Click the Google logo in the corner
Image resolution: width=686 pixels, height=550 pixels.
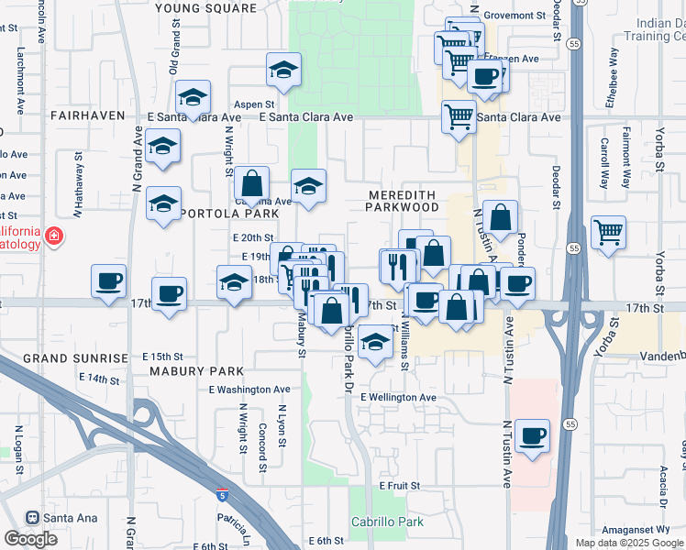coord(30,539)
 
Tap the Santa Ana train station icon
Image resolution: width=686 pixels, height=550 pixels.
coord(33,518)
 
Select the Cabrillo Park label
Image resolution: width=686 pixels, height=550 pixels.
coord(387,522)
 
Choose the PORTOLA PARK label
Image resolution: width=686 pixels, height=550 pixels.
coord(230,214)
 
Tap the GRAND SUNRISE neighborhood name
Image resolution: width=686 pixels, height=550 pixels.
coord(75,357)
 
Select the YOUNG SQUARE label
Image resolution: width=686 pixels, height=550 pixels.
coord(206,8)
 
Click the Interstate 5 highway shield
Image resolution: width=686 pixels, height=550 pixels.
coord(223,496)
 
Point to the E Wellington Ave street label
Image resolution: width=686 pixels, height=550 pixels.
coord(398,397)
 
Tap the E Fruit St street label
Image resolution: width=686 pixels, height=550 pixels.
coord(399,485)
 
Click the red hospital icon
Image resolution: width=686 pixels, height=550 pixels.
coord(54,236)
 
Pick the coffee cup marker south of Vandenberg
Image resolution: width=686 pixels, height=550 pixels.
coord(532,434)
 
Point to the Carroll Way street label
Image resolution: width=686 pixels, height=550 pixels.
coord(604,163)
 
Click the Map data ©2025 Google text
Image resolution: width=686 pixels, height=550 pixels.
coord(629,543)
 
